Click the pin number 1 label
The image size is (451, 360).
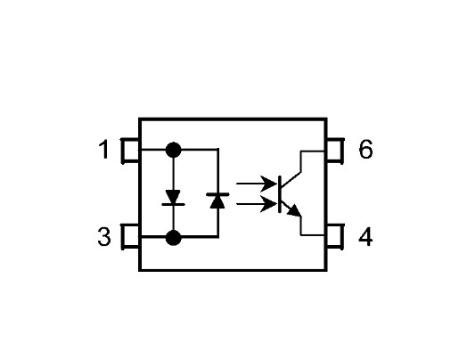[x=104, y=150]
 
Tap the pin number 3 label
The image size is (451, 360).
[x=104, y=237]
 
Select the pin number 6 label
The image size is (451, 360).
[x=365, y=150]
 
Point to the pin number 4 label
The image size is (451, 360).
[x=365, y=237]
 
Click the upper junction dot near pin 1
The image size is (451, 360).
[x=173, y=150]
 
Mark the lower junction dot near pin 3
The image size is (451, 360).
[x=173, y=238]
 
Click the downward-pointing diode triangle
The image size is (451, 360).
[x=173, y=196]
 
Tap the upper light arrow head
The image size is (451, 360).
[x=269, y=184]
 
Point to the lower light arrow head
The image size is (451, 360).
[x=269, y=204]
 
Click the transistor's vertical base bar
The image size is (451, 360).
[x=280, y=194]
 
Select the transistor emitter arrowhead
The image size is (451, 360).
[x=295, y=210]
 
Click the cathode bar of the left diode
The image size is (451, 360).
[x=173, y=204]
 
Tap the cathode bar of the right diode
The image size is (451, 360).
[x=217, y=194]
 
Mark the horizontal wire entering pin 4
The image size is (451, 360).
[x=314, y=235]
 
